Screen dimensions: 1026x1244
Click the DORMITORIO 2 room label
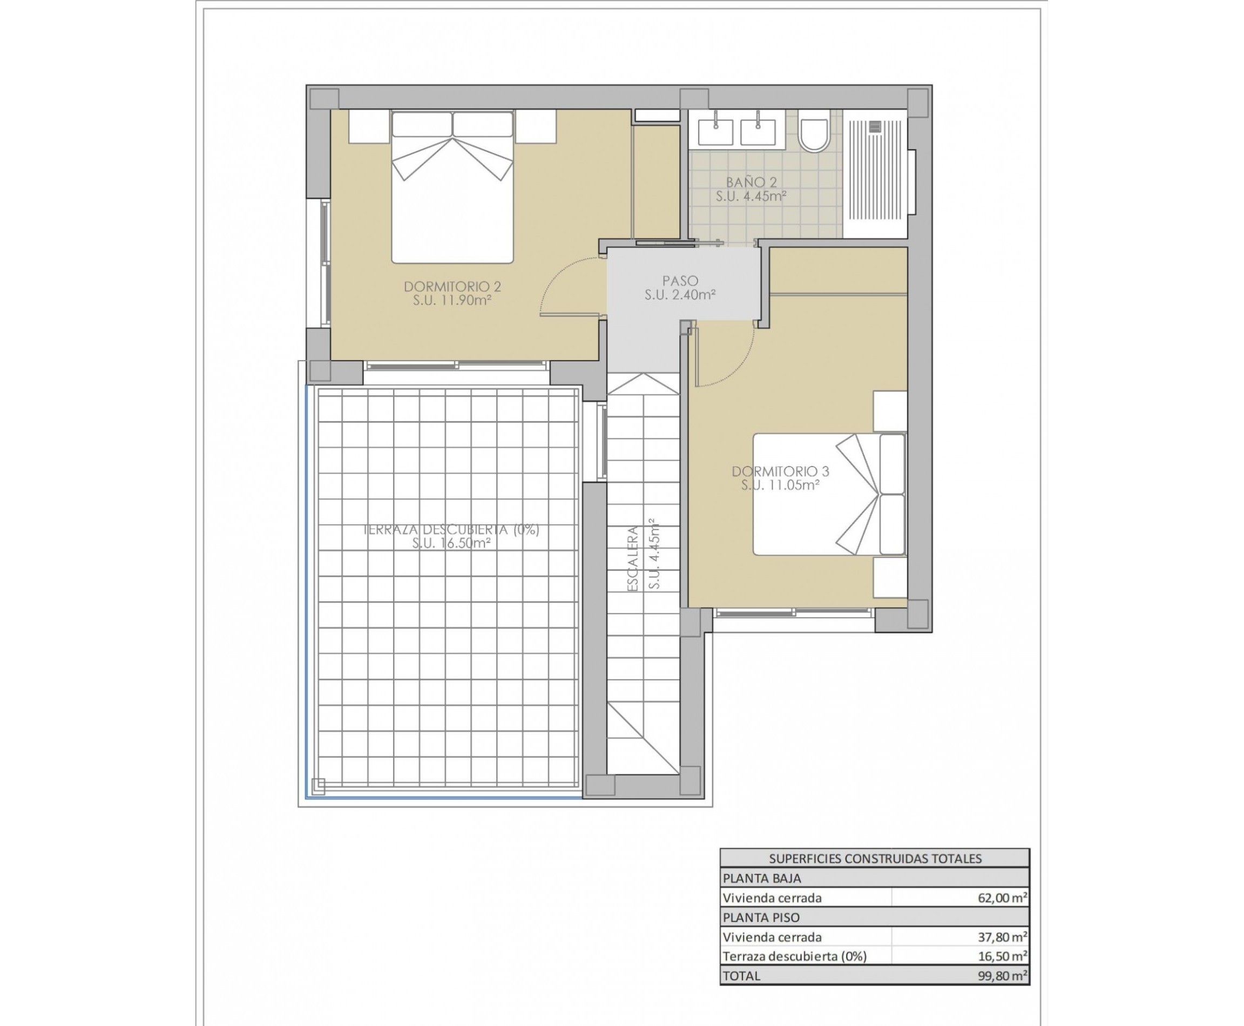452,287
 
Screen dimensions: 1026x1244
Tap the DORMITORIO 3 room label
780,471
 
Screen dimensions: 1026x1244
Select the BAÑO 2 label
751,183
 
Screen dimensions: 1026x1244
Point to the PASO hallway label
680,281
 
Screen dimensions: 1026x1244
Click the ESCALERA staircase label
632,558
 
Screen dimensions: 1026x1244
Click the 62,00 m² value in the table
1002,897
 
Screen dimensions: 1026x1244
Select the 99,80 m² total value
1002,975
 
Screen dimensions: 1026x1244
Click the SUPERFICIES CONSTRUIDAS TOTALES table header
875,859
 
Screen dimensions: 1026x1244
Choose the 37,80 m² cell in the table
1002,937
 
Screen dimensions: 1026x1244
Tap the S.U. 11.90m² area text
452,300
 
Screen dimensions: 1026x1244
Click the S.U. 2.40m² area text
680,294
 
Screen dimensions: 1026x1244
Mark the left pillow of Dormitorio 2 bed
422,125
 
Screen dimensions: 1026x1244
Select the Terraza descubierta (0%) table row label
794,956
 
